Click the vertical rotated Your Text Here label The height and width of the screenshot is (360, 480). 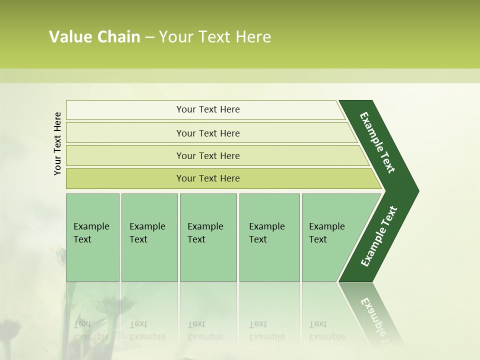57,143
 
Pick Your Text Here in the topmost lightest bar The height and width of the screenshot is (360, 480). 208,109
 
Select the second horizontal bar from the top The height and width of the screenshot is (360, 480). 208,133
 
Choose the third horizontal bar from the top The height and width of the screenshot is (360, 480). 208,155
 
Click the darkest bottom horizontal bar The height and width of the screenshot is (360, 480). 208,178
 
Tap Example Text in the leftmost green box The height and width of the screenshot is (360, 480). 91,233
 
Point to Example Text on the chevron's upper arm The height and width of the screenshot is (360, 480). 377,142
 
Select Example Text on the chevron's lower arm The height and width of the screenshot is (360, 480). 378,236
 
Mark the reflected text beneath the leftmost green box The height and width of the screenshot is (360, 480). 91,330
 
